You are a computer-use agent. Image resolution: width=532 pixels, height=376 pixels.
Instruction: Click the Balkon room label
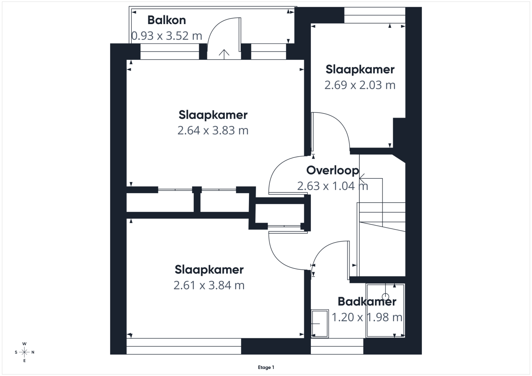(x=167, y=20)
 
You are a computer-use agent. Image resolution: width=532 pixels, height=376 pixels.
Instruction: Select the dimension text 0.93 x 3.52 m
(x=167, y=36)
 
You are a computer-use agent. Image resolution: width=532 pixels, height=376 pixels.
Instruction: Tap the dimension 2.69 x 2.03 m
(x=360, y=85)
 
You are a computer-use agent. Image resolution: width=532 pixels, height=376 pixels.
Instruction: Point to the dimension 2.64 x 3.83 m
(x=213, y=130)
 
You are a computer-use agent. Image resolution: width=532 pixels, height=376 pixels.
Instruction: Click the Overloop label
(x=332, y=170)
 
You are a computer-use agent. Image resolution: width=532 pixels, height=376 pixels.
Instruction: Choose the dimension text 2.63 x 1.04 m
(x=332, y=186)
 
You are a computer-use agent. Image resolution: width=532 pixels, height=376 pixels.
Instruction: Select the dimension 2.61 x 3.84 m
(x=209, y=285)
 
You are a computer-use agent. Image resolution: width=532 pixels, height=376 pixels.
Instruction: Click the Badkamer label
(x=367, y=302)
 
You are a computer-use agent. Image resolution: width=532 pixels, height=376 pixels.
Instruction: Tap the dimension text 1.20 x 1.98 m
(x=367, y=317)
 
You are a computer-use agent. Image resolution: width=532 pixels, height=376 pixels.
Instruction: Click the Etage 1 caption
(x=266, y=367)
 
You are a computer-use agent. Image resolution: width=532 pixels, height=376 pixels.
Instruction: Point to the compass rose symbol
(x=24, y=352)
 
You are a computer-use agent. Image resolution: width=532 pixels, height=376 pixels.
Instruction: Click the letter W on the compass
(x=24, y=344)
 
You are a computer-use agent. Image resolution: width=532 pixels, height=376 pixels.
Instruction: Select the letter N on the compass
(x=33, y=352)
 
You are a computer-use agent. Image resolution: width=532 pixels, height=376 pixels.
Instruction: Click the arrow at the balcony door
(x=224, y=54)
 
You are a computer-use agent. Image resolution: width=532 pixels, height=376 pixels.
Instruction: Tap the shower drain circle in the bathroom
(x=385, y=297)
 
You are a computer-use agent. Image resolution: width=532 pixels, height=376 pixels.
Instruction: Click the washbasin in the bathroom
(x=320, y=324)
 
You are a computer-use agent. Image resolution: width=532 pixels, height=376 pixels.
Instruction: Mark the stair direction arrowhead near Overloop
(x=362, y=178)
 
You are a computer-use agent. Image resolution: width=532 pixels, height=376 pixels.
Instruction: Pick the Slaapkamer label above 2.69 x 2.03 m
(x=360, y=69)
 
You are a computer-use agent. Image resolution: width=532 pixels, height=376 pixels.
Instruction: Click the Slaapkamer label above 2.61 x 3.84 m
(x=209, y=270)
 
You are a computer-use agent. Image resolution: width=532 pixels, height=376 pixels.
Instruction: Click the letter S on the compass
(x=16, y=352)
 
